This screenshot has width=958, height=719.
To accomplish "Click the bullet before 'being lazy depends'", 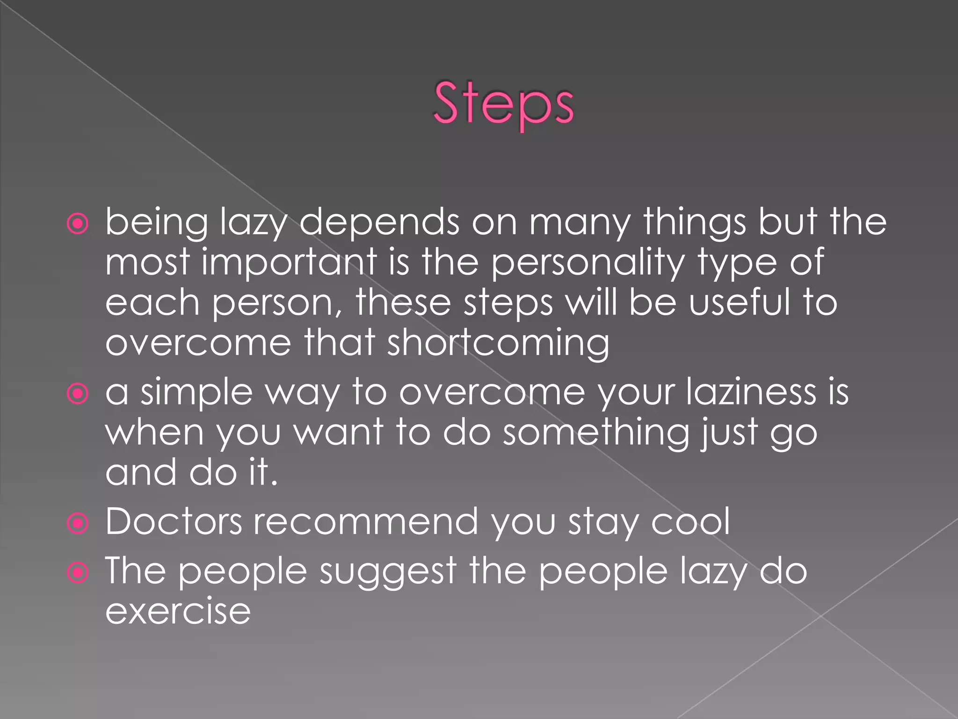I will coord(78,224).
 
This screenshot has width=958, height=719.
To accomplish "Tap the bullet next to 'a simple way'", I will coord(78,394).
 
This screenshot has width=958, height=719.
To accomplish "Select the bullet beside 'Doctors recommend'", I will coord(78,523).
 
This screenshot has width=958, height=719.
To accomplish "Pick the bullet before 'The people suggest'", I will coord(78,572).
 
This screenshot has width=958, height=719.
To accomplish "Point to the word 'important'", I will coord(289,262).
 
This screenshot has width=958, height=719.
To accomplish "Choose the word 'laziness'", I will coord(751,392).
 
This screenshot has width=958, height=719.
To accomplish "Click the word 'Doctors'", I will coord(174,521).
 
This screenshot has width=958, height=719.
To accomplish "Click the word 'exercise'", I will coord(178,611).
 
